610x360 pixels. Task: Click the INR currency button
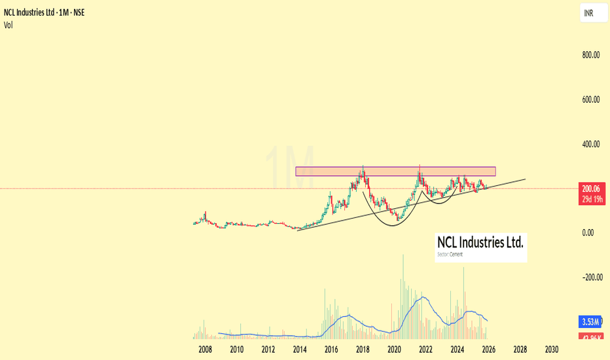(590, 13)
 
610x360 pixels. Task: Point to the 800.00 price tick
(591, 55)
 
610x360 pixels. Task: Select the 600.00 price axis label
(591, 99)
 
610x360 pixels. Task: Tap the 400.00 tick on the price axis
(591, 144)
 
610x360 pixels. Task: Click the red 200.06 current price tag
(591, 189)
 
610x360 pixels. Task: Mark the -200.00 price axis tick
(591, 277)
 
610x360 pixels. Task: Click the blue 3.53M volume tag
(591, 322)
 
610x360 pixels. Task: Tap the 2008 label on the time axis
(205, 349)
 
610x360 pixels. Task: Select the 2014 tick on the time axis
(300, 349)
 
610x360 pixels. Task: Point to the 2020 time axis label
(394, 349)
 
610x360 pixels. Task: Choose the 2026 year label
(488, 349)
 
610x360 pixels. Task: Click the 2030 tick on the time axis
(551, 349)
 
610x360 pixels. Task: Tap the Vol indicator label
(9, 25)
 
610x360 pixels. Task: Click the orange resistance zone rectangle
(395, 171)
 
